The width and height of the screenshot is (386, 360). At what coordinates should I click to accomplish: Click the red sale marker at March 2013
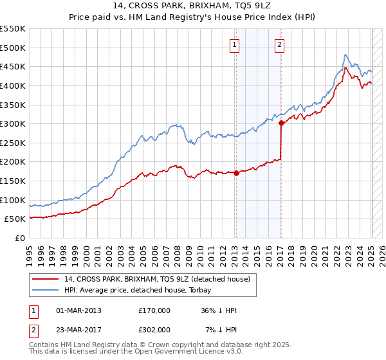(x=236, y=173)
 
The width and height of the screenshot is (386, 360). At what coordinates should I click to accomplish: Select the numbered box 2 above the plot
(x=280, y=45)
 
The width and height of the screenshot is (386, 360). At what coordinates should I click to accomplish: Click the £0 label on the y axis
(x=20, y=238)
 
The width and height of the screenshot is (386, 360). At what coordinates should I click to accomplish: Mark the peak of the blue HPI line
(x=345, y=55)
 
